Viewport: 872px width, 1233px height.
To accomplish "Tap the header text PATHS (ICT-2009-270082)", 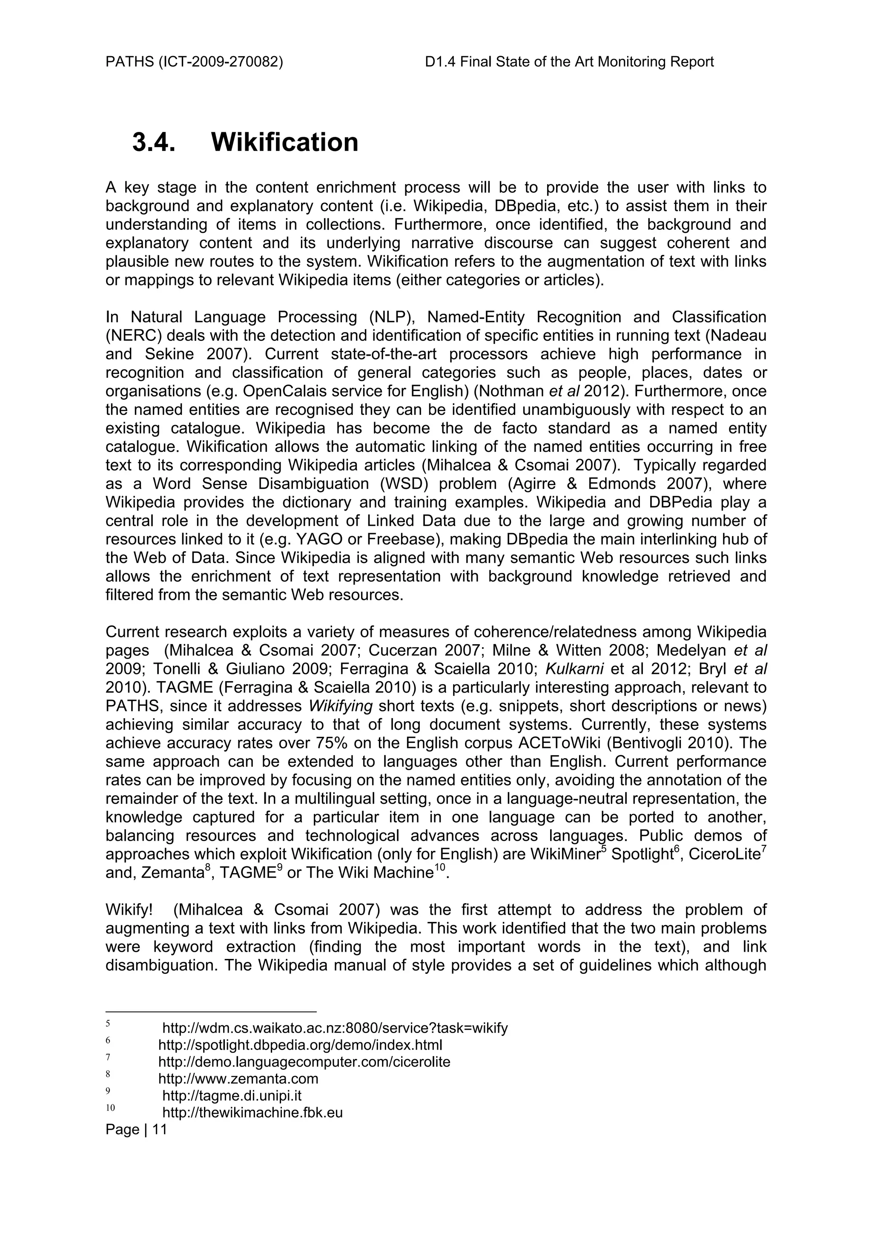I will click(194, 62).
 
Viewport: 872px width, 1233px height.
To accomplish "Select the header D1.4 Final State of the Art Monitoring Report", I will click(569, 62).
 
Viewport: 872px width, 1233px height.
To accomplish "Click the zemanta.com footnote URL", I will click(238, 1078).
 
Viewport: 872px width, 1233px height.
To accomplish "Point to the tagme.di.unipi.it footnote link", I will click(232, 1095).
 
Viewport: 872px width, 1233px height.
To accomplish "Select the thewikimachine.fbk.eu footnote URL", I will click(252, 1112).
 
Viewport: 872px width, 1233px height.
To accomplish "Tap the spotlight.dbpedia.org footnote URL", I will click(300, 1045).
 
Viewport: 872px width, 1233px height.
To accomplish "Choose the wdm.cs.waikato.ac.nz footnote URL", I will click(335, 1028).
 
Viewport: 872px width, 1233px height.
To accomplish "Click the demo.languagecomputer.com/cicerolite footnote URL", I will click(304, 1062).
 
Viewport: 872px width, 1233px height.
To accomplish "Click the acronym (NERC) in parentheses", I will click(133, 336).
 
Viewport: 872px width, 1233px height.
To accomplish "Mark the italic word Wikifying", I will click(341, 706).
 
